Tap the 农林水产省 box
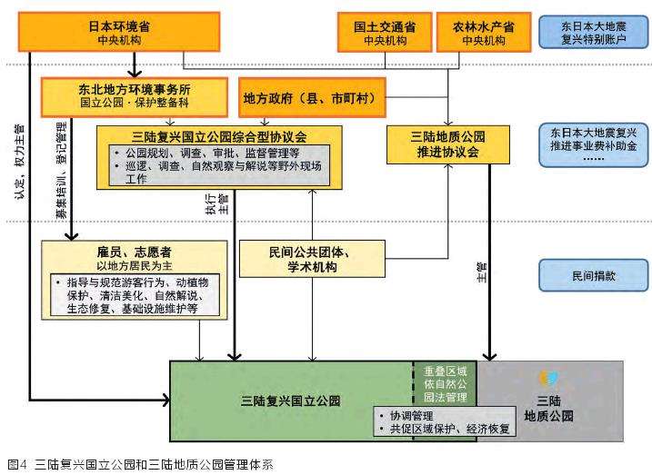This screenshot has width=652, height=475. [x=483, y=32]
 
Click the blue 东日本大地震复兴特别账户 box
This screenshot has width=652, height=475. [x=594, y=32]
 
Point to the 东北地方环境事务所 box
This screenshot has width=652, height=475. [x=133, y=96]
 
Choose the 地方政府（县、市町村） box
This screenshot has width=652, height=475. [x=310, y=96]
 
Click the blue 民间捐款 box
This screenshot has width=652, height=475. [x=594, y=275]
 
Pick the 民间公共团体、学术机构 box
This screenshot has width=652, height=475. [x=311, y=259]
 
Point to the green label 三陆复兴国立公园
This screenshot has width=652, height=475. [x=290, y=400]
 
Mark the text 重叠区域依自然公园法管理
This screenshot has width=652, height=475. [x=446, y=385]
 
